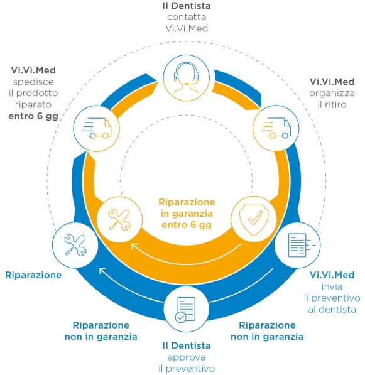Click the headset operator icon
187,78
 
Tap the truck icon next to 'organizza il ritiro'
276,128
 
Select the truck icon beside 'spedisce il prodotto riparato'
97,128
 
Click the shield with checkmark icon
254,220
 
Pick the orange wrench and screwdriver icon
119,220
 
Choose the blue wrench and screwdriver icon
75,245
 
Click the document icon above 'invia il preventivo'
302,245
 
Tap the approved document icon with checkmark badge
185,310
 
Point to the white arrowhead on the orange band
134,247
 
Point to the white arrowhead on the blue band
102,271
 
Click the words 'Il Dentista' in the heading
187,6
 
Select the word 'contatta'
187,17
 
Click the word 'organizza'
332,94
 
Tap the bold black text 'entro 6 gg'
33,116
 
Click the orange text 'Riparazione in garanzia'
187,207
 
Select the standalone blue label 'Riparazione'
33,275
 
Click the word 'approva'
187,357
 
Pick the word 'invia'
332,286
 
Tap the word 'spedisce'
33,82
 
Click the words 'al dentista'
332,310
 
